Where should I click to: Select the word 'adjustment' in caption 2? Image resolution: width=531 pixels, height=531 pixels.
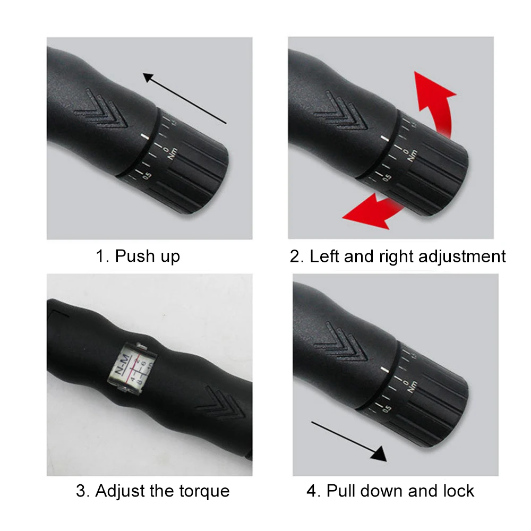pos(463,256)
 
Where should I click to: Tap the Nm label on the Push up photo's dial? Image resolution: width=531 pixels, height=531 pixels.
pos(172,155)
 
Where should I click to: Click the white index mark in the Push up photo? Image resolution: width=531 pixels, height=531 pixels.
pos(144,138)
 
